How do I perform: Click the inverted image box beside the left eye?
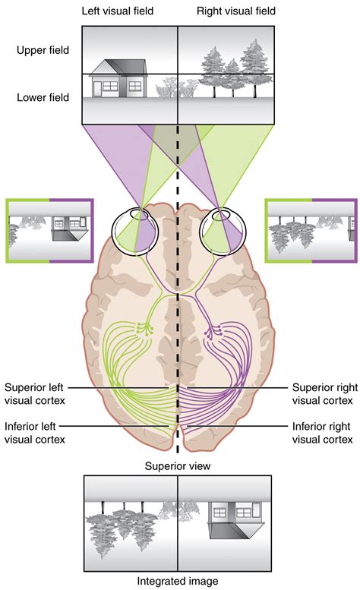pos(49,231)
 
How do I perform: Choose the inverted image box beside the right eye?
pos(311,231)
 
